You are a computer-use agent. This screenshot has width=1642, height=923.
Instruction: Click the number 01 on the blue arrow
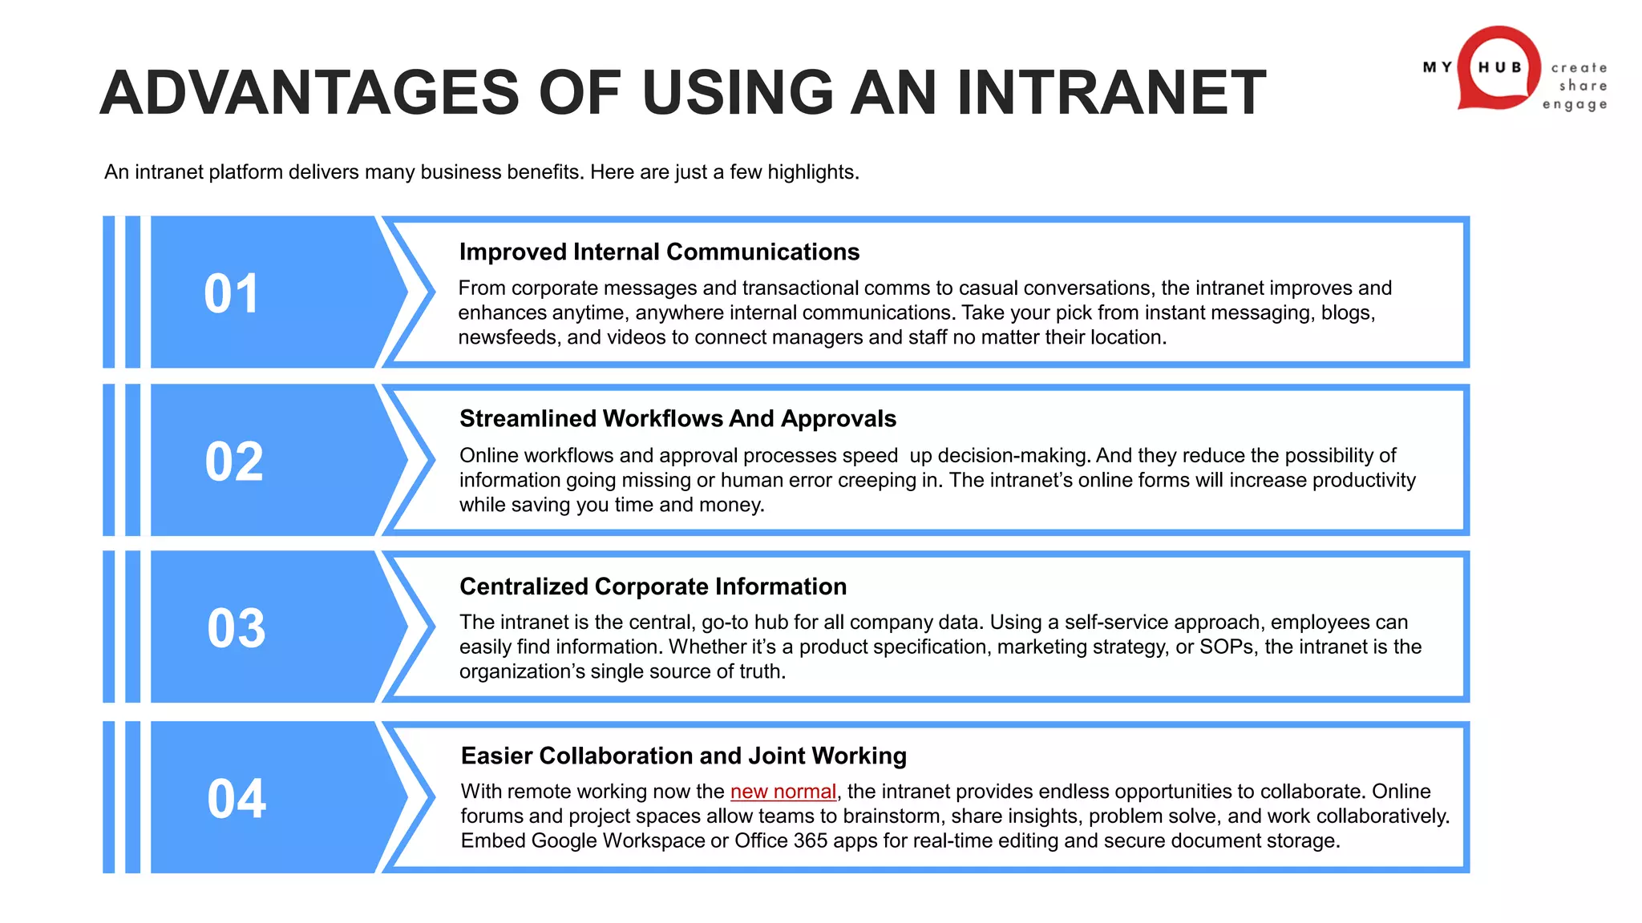231,293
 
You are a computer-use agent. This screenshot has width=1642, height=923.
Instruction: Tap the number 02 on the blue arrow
233,461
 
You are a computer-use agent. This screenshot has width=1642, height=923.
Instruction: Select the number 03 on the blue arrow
236,628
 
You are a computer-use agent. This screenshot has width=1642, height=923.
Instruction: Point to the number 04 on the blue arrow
237,798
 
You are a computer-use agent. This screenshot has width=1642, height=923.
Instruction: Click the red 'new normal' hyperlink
783,792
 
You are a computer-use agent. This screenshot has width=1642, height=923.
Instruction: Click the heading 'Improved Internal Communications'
659,252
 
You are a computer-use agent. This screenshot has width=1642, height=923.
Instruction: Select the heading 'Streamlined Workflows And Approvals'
677,418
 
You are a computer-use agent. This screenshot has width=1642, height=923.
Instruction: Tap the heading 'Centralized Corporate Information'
653,586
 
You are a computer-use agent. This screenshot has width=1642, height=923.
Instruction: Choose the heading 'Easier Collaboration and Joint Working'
683,756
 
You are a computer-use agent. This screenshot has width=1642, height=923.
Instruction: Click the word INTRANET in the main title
1111,92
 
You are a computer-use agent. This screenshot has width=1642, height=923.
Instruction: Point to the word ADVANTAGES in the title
309,92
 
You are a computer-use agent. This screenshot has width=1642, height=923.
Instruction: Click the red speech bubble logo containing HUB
1498,68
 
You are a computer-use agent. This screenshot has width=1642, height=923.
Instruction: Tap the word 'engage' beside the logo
1575,104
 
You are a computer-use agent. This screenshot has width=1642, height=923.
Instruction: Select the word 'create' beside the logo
1579,68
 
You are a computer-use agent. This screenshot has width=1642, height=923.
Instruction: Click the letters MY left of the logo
1438,67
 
